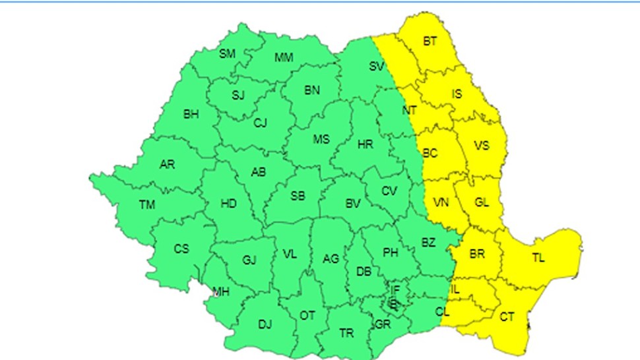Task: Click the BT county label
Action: click(x=430, y=42)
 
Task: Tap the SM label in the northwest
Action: click(x=227, y=53)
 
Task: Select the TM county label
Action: click(x=146, y=205)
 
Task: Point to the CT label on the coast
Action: click(x=507, y=317)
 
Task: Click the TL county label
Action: click(x=538, y=258)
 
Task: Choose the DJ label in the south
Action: click(x=265, y=324)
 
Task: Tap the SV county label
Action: click(x=377, y=66)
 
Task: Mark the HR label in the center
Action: click(x=366, y=144)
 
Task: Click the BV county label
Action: click(x=353, y=204)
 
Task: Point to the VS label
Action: click(x=482, y=146)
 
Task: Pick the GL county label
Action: click(x=482, y=203)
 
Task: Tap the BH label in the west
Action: click(x=191, y=115)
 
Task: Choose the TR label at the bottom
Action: click(x=346, y=334)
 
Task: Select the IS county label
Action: click(x=457, y=94)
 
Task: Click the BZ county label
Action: click(x=428, y=243)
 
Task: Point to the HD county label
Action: click(x=228, y=204)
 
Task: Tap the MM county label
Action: click(x=284, y=57)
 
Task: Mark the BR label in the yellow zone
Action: click(x=477, y=253)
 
